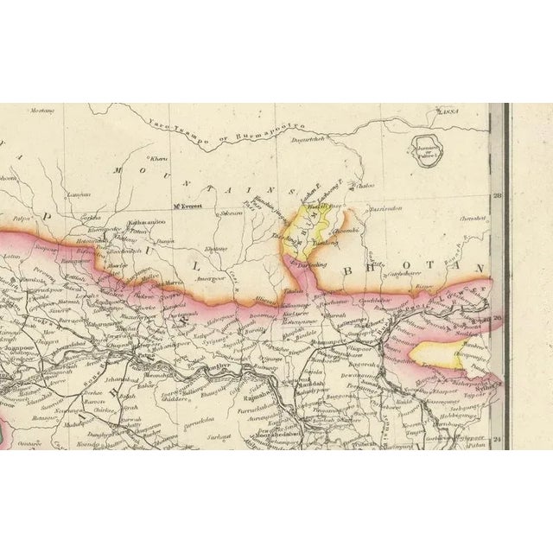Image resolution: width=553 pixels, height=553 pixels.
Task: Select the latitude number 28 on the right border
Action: tap(498, 195)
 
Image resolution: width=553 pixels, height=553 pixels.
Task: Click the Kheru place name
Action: tap(158, 159)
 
